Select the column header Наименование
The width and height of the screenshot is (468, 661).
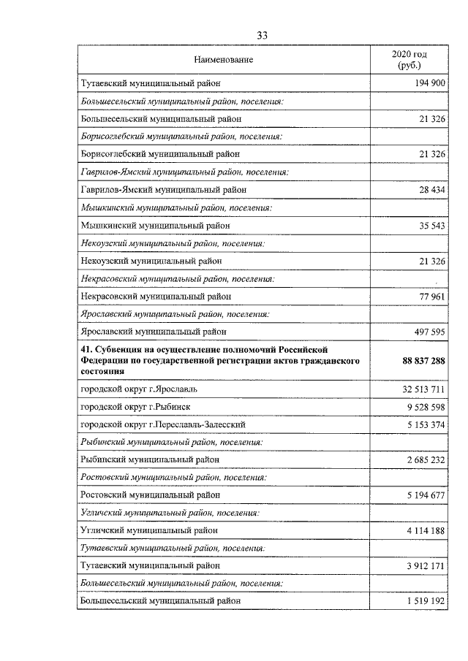(x=224, y=59)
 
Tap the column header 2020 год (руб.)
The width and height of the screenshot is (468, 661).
(x=409, y=60)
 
